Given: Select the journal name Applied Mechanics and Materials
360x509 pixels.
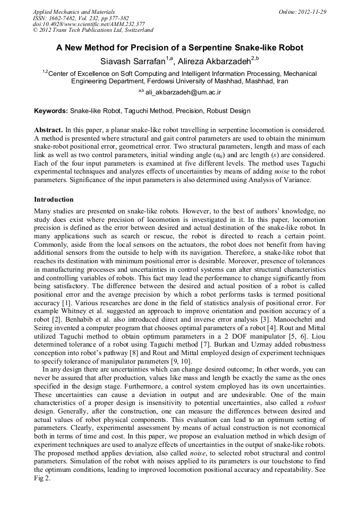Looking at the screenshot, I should pyautogui.click(x=73, y=12).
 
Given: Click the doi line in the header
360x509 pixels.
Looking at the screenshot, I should pyautogui.click(x=89, y=24).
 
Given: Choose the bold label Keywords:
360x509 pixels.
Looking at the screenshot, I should pyautogui.click(x=51, y=111).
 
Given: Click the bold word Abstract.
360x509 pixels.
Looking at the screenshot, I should pyautogui.click(x=48, y=130).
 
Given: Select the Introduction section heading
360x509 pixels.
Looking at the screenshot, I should pyautogui.click(x=54, y=200).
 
